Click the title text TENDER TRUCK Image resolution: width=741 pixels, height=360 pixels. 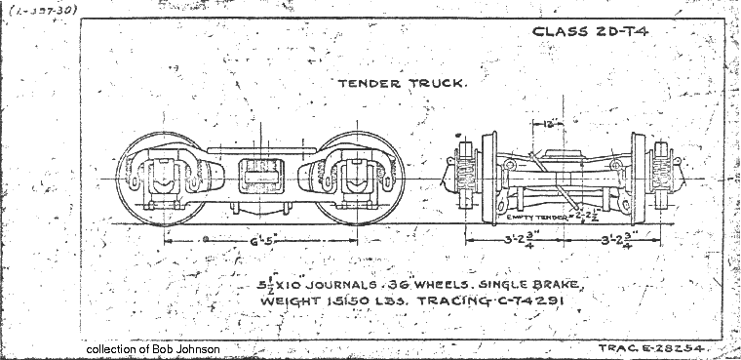(415, 83)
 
